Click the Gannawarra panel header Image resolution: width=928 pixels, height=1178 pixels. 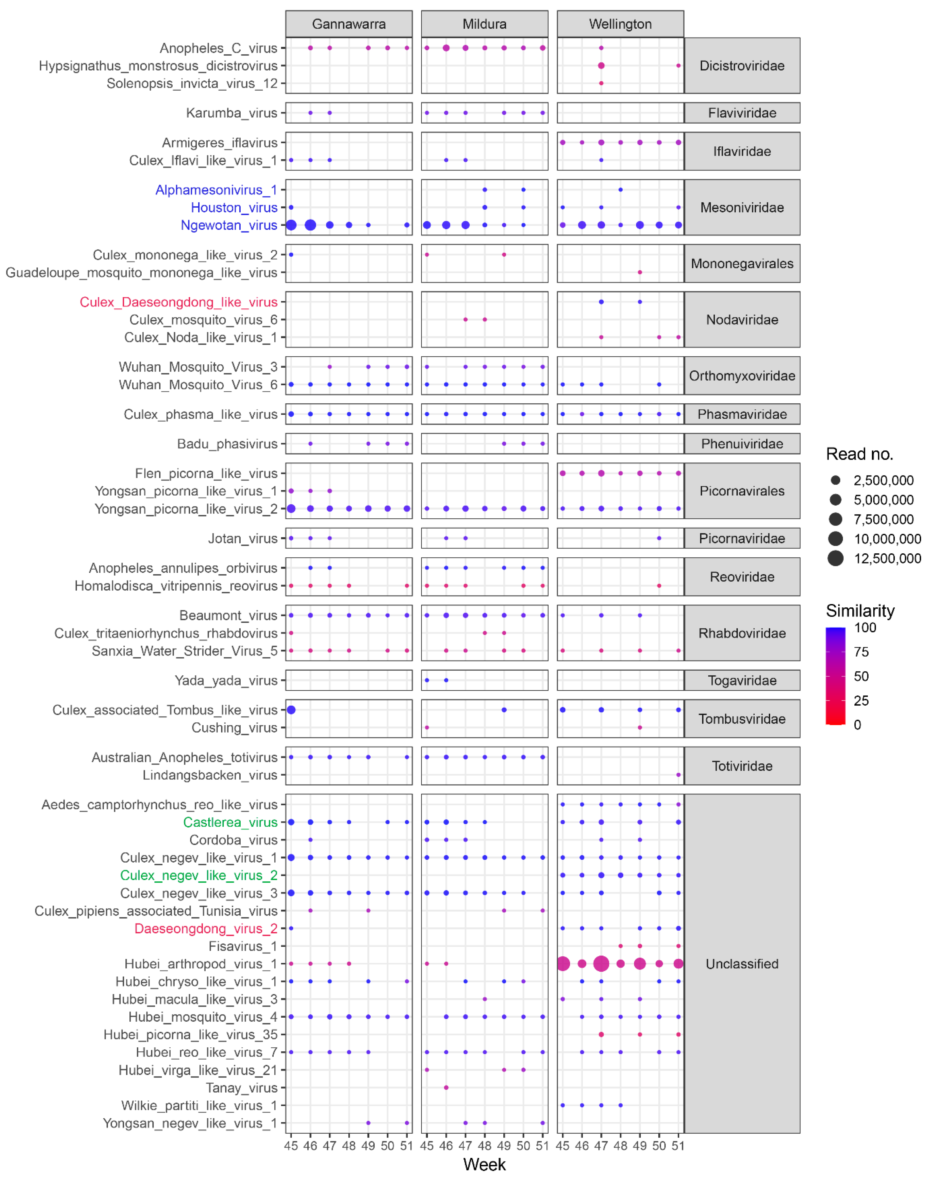[x=349, y=24]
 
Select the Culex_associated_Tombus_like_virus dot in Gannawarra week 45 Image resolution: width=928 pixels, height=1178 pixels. [x=291, y=710]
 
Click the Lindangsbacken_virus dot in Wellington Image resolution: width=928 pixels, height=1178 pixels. [x=678, y=775]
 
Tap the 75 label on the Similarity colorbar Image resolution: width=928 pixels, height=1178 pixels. [x=861, y=652]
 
